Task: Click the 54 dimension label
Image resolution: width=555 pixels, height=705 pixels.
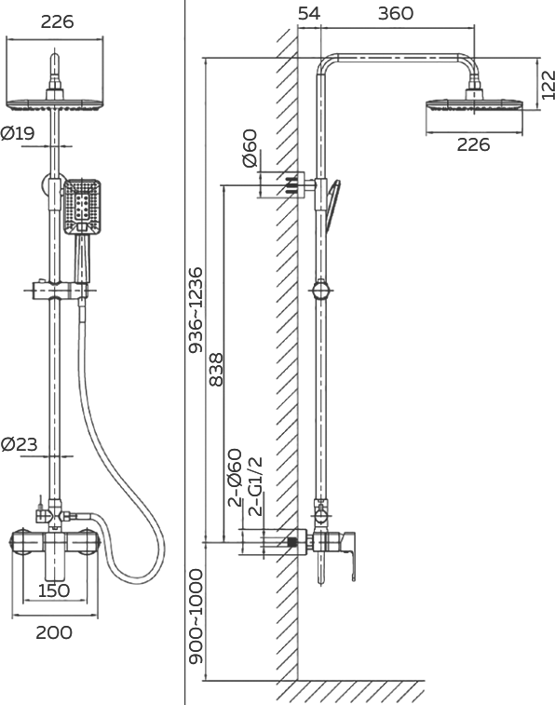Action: [309, 13]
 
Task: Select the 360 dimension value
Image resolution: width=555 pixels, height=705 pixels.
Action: [396, 13]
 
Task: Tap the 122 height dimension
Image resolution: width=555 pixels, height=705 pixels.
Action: [548, 85]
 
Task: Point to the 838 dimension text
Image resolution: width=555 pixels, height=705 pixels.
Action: [216, 370]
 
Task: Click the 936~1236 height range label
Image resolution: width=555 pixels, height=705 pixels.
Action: [196, 310]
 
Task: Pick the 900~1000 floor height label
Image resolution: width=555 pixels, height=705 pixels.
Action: [196, 617]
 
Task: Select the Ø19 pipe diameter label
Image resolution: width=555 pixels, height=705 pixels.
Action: [18, 133]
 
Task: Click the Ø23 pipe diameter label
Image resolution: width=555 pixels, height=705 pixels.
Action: [19, 444]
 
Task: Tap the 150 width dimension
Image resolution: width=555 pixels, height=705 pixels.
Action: [54, 590]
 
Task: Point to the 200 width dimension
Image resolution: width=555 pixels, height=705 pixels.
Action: [54, 632]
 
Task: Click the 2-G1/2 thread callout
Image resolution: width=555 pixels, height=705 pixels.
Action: [255, 486]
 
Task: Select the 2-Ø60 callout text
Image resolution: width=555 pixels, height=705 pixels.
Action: [235, 478]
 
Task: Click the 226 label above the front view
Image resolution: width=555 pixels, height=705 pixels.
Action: [57, 21]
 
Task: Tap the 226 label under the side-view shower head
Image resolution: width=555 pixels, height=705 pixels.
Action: [473, 144]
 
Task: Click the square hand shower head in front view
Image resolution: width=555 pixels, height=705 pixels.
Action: [81, 208]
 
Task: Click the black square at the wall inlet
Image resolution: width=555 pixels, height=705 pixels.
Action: [292, 543]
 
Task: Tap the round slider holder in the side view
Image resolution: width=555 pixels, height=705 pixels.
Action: [321, 290]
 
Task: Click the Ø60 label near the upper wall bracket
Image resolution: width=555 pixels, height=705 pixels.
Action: [250, 148]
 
